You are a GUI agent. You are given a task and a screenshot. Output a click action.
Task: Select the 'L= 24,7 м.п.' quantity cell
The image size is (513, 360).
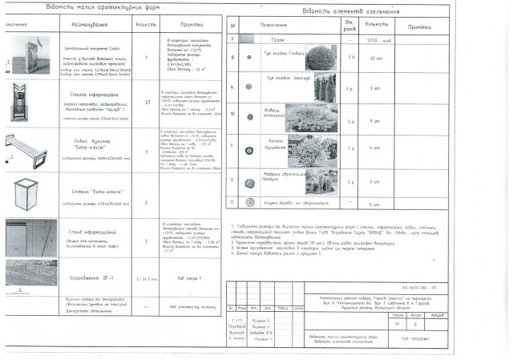(x=144, y=278)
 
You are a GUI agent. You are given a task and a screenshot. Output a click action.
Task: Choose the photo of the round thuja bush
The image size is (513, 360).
(x=321, y=58)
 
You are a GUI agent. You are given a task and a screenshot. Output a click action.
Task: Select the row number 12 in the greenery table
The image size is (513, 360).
(x=232, y=181)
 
